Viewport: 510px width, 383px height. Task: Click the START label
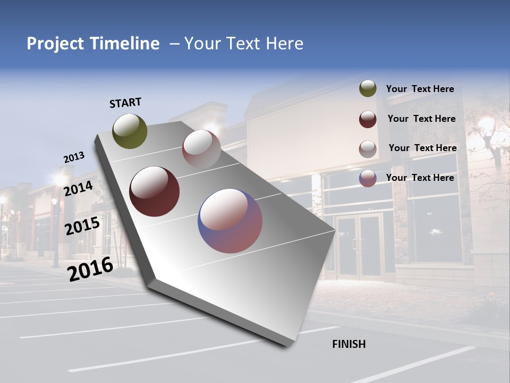(x=125, y=103)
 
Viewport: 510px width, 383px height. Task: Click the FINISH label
(x=348, y=344)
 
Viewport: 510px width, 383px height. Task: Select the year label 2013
(x=74, y=157)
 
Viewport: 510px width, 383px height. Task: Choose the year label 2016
(x=90, y=269)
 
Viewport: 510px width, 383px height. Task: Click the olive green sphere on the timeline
(x=130, y=131)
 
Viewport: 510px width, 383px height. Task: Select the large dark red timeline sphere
(x=155, y=191)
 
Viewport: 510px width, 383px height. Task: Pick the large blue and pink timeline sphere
(x=230, y=221)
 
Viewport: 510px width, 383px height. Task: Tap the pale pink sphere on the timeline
(x=201, y=149)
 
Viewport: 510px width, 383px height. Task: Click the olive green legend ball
(x=368, y=89)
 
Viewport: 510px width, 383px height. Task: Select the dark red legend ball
(x=368, y=119)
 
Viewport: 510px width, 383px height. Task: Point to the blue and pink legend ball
(x=368, y=178)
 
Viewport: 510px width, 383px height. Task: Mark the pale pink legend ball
(x=368, y=149)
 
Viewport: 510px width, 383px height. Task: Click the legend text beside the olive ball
(x=420, y=89)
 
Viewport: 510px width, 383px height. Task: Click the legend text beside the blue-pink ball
(x=420, y=178)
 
